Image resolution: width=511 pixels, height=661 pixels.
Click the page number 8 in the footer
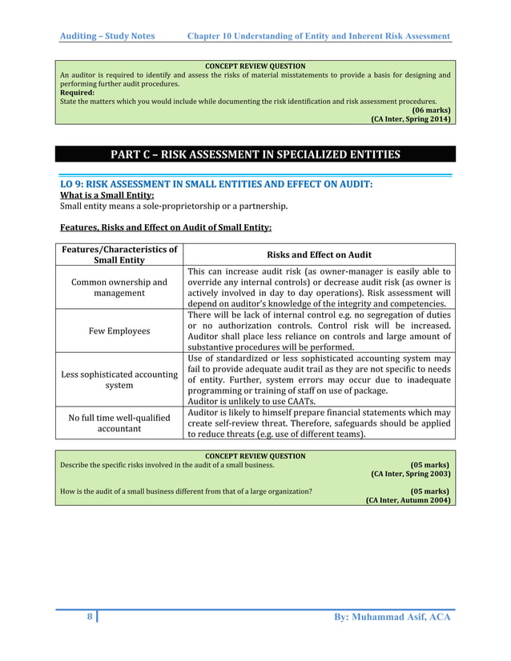90,617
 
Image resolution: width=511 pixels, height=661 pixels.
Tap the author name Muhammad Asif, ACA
391,617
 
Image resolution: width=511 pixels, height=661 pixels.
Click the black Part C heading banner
255,154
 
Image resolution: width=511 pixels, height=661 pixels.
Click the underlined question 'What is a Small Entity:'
107,194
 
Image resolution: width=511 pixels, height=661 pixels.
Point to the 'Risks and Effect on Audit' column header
319,254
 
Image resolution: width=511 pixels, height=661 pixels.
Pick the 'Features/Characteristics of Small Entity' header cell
119,254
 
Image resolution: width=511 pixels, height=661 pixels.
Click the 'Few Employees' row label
119,330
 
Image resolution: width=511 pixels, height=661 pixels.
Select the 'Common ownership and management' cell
119,287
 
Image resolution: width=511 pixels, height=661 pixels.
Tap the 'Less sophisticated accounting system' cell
119,380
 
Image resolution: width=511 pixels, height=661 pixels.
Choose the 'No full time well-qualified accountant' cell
119,423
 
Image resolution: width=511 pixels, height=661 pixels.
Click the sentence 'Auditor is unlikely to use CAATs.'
251,402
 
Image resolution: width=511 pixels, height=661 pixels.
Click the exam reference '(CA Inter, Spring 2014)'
410,119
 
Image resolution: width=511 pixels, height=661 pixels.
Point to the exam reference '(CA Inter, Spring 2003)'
410,474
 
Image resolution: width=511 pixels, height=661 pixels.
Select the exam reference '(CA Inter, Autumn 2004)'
407,500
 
